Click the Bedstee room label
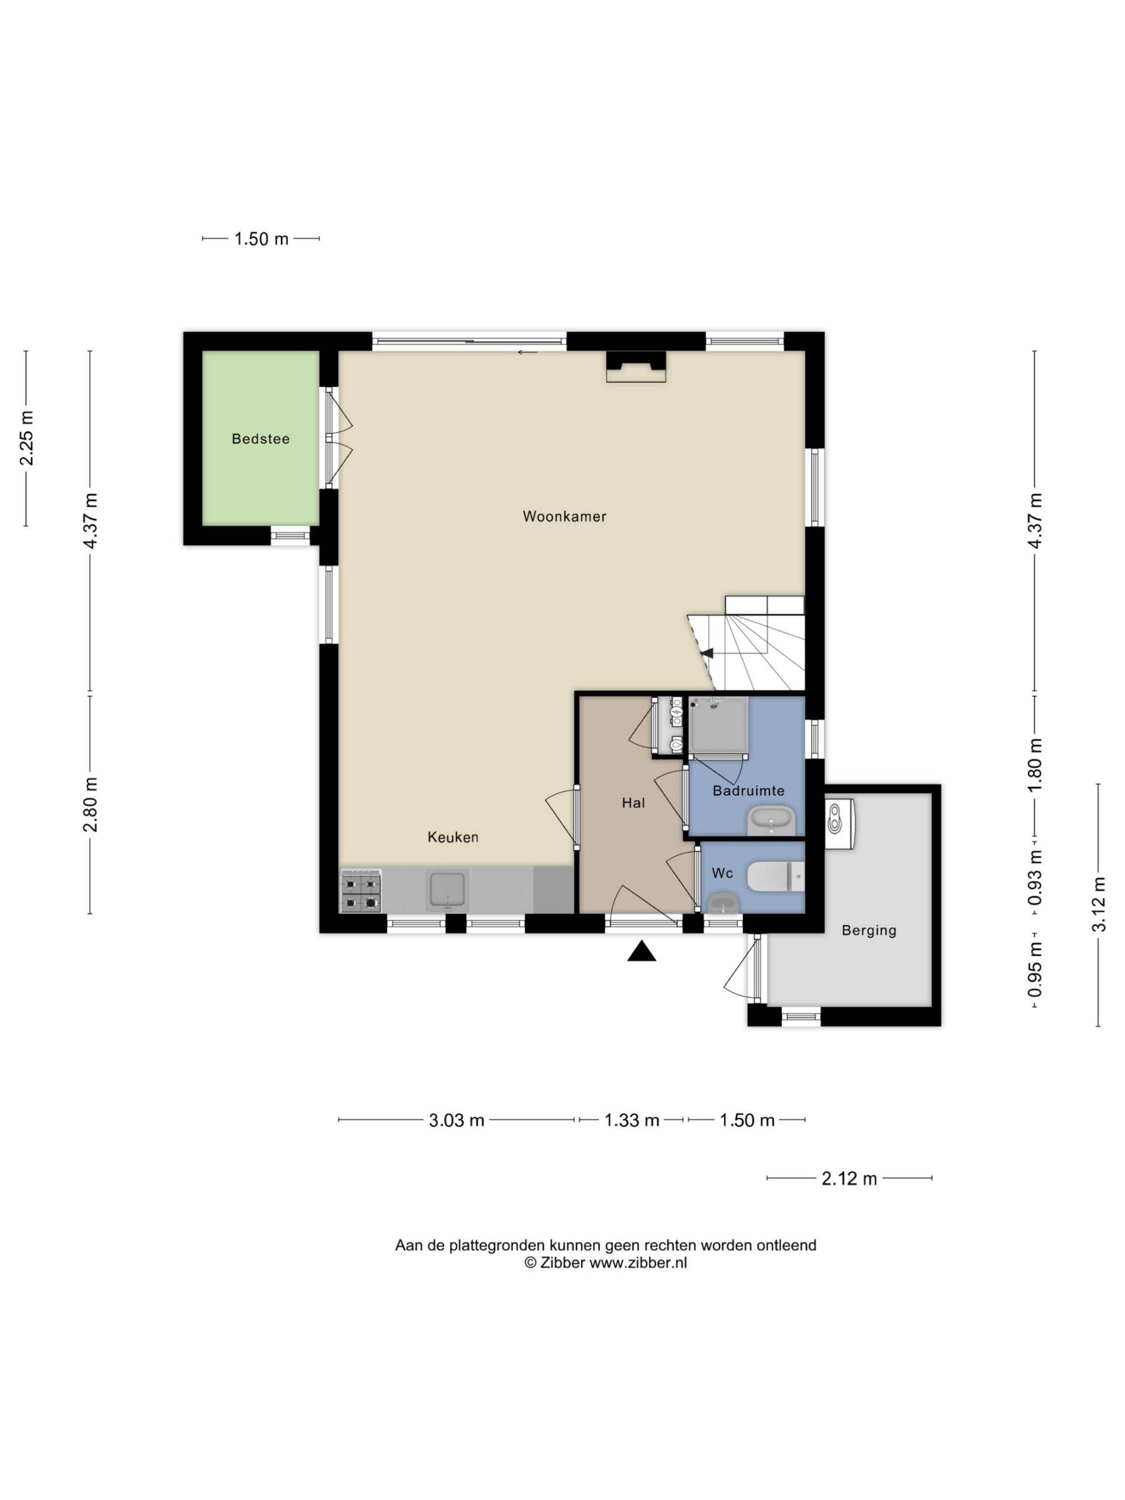coord(260,439)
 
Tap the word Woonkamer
coord(564,516)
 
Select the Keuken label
coord(452,837)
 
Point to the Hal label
coord(633,803)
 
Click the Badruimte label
coord(748,790)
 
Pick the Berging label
coord(869,931)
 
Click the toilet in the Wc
coord(776,876)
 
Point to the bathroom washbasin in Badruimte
coord(772,821)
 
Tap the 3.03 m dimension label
coord(456,1120)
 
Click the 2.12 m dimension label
coord(849,1178)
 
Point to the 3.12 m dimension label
coord(1099,904)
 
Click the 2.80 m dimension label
coord(90,805)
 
